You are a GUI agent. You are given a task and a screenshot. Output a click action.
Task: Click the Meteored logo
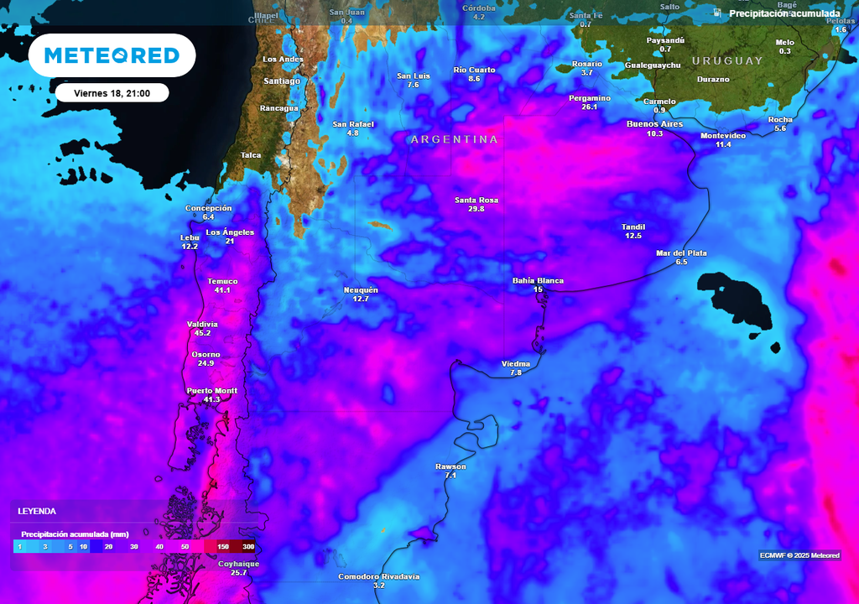(112, 55)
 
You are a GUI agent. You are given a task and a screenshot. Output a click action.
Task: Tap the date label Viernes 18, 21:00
(112, 93)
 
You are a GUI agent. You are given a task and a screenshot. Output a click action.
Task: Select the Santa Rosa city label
(476, 200)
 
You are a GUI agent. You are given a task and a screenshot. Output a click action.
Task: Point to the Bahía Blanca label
(538, 281)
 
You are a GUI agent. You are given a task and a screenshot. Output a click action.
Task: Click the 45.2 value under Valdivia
(202, 333)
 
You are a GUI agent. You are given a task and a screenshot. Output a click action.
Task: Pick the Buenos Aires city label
(654, 124)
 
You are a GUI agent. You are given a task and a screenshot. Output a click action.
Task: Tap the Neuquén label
(361, 290)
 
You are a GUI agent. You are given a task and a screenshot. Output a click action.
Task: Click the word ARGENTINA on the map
(454, 139)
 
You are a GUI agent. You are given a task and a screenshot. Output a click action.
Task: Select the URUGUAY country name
(727, 60)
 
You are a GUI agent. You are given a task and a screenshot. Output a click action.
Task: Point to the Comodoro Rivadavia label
(378, 576)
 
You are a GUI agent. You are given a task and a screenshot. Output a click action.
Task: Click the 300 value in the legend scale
(248, 546)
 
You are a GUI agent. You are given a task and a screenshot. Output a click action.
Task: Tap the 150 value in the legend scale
(223, 546)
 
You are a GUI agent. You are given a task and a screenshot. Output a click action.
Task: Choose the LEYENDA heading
(37, 511)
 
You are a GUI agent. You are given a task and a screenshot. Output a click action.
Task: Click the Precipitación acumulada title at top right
(784, 13)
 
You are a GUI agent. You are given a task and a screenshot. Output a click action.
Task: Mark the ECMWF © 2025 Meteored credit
(799, 555)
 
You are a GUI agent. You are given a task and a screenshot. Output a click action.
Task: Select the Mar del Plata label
(681, 253)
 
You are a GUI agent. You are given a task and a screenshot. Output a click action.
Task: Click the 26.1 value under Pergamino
(589, 107)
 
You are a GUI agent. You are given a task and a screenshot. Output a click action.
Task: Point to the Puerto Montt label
(211, 391)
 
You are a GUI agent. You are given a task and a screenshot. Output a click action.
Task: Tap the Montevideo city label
(723, 135)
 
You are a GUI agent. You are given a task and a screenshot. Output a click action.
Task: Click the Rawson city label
(450, 466)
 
